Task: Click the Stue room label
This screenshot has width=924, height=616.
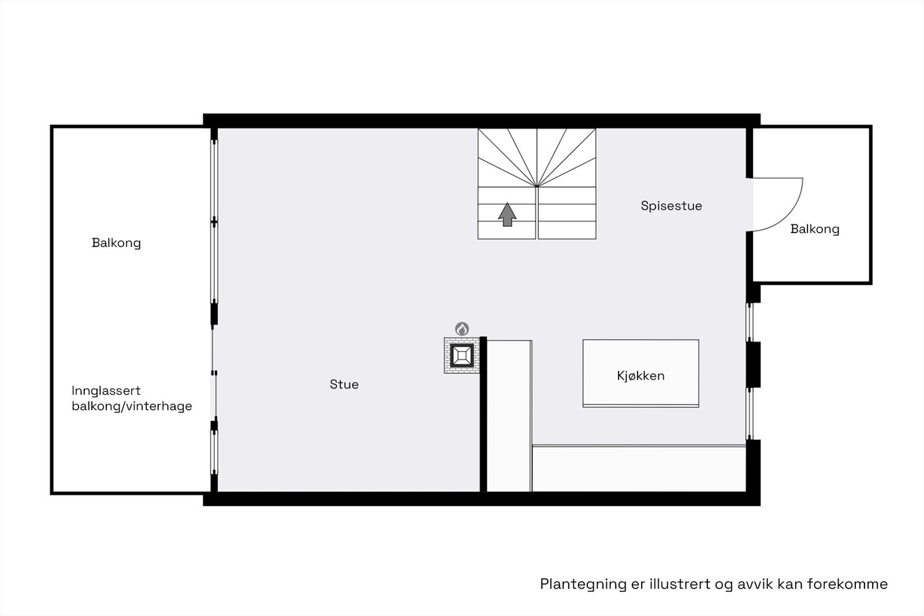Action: tap(344, 384)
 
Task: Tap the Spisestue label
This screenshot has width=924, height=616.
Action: tap(671, 206)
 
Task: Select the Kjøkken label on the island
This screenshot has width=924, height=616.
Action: tap(640, 376)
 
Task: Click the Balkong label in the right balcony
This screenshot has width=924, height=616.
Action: tap(814, 229)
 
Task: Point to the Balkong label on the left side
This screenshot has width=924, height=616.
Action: tap(116, 243)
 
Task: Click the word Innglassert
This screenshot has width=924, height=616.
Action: tap(106, 391)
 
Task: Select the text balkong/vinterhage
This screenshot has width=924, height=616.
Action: tap(132, 406)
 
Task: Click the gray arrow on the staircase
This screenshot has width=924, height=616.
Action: tap(507, 214)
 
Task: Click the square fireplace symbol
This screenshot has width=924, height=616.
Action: tap(462, 355)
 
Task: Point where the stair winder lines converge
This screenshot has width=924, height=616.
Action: tap(536, 186)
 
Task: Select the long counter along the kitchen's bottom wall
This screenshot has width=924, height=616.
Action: tap(638, 468)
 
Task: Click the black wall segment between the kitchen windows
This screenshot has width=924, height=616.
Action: tap(753, 364)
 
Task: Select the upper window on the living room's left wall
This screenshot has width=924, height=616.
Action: tap(214, 179)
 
